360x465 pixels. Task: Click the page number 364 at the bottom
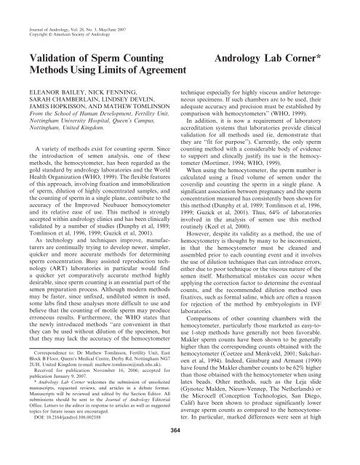click(x=180, y=450)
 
